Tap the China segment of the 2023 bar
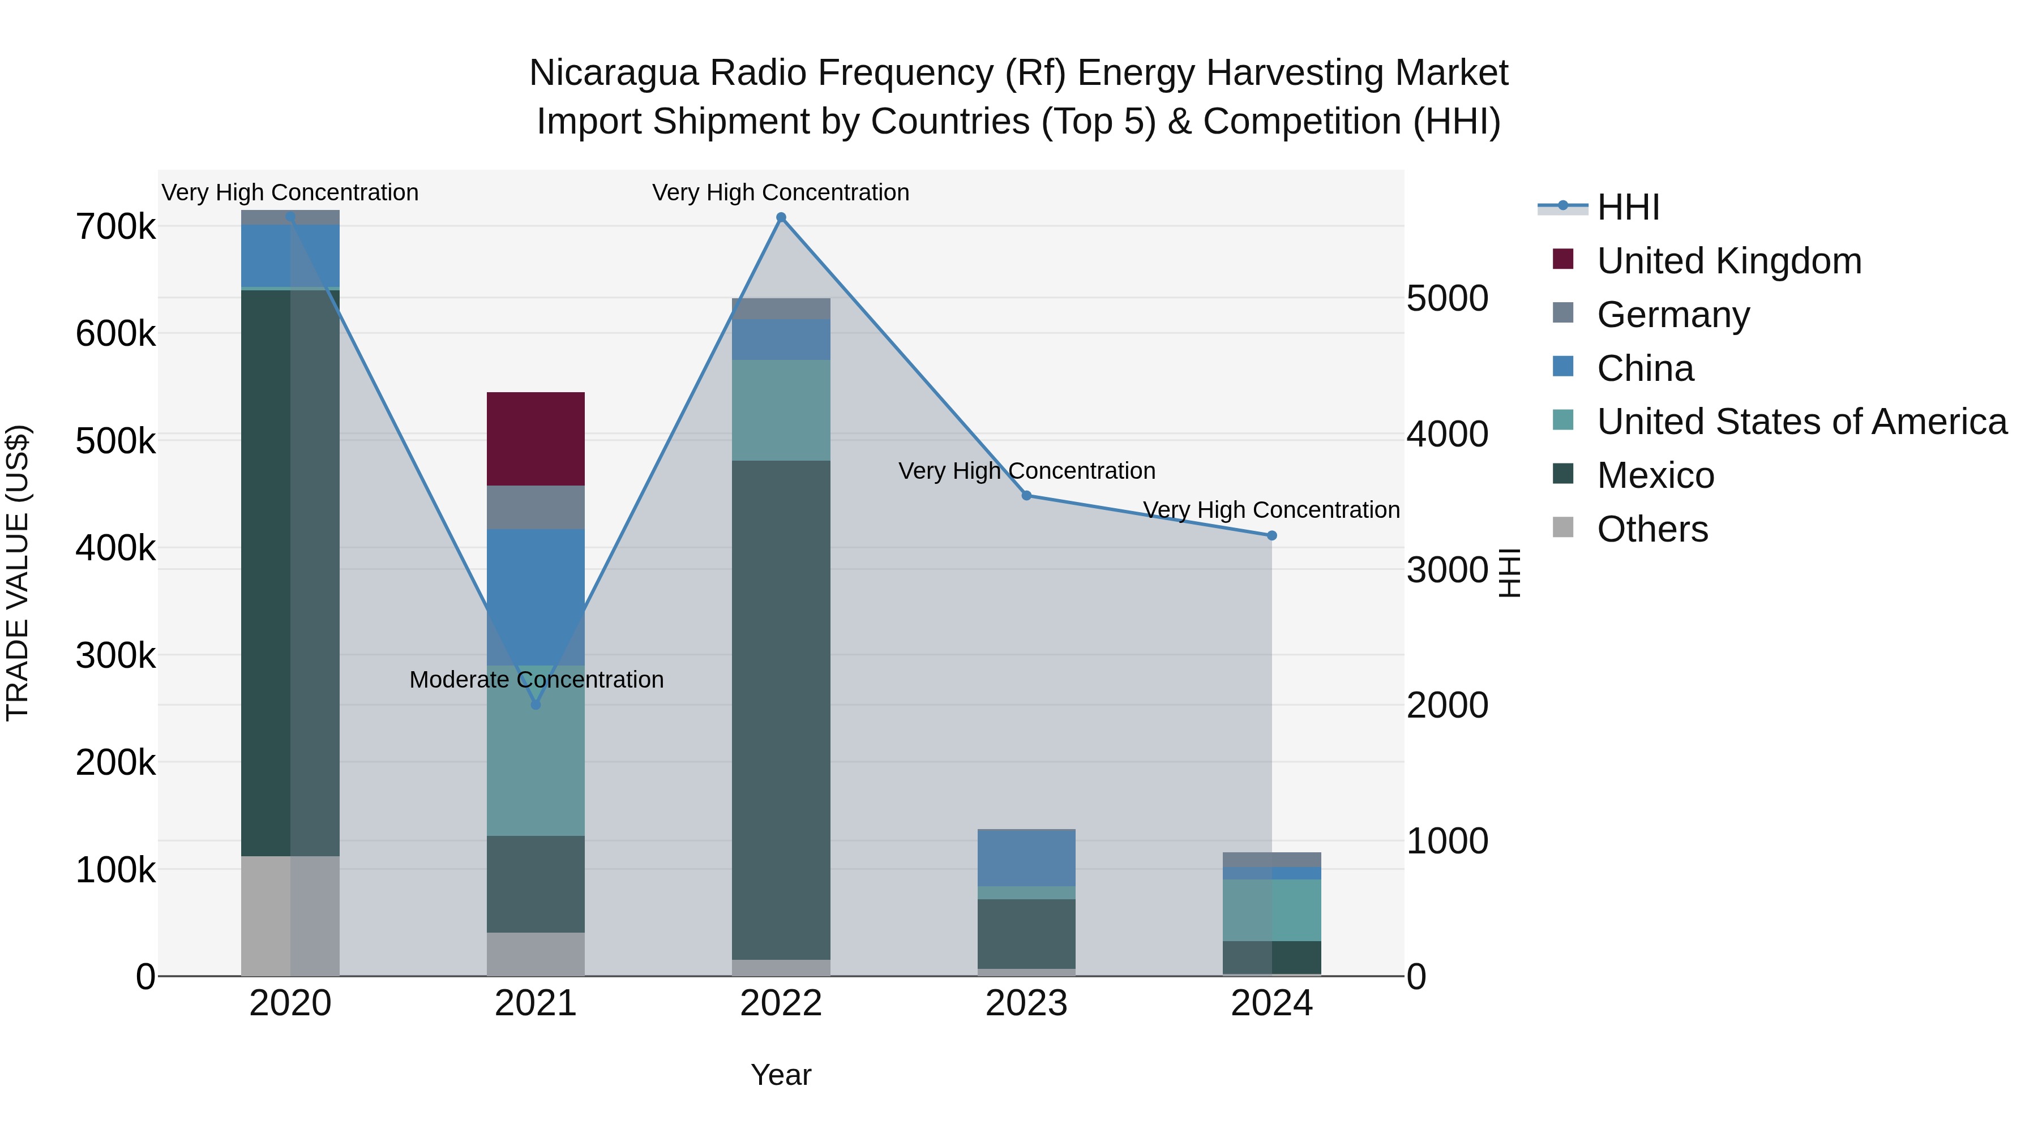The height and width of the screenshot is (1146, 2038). [x=1026, y=857]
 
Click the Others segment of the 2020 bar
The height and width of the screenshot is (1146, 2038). [x=289, y=915]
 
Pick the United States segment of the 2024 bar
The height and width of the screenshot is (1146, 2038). [x=1271, y=909]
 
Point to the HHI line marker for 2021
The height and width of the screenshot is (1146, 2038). [x=536, y=704]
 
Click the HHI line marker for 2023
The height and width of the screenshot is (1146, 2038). [x=1026, y=496]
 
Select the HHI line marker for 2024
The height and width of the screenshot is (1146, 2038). [x=1271, y=535]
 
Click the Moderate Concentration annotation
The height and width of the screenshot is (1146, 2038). [x=536, y=679]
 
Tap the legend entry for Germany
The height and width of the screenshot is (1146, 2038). [x=1672, y=315]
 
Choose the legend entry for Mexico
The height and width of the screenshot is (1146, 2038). [x=1655, y=475]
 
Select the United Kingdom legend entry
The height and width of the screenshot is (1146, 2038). [x=1729, y=261]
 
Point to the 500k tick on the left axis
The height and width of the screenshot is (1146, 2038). [x=115, y=440]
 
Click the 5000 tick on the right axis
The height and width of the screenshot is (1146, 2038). [x=1447, y=298]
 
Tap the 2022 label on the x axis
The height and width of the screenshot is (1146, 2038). [x=781, y=1003]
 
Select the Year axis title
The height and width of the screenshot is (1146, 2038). [x=781, y=1075]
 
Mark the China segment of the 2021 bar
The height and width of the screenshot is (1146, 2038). [x=536, y=596]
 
